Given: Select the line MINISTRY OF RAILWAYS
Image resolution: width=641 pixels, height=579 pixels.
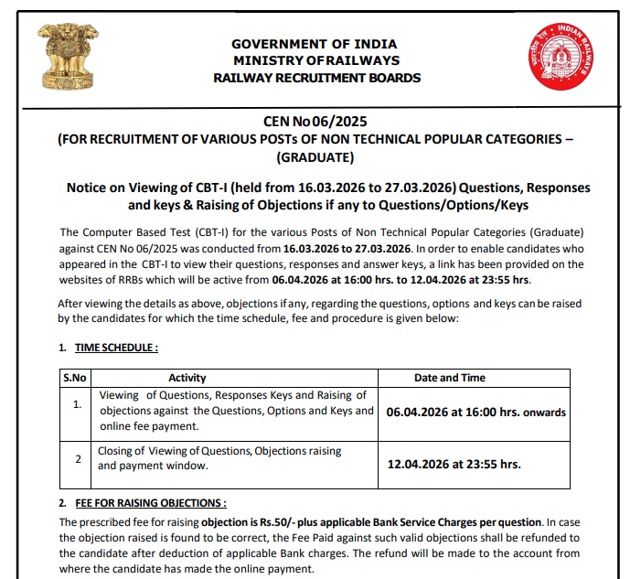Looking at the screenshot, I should [x=316, y=60].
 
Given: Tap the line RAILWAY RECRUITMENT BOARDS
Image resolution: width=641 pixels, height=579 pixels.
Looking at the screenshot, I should [x=316, y=78].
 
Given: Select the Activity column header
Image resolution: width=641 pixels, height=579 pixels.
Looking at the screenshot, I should [x=187, y=378].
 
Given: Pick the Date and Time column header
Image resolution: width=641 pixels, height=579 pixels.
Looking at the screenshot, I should [x=450, y=378].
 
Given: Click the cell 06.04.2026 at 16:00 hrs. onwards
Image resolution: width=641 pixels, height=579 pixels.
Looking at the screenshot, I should [x=475, y=413].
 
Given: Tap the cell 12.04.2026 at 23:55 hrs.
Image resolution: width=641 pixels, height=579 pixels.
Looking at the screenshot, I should [x=454, y=464].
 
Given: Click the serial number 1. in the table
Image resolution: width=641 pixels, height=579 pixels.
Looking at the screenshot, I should [x=78, y=403].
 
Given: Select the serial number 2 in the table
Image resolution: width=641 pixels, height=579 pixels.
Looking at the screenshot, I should [x=78, y=456].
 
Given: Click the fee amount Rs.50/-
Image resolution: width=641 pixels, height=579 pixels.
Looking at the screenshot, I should [x=274, y=520].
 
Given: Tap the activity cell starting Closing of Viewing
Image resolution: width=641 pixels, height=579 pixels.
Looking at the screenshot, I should [x=219, y=458].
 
